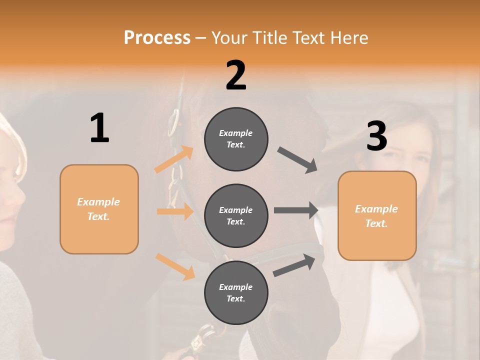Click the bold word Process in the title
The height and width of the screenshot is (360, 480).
(157, 37)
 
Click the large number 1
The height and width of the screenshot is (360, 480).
(99, 128)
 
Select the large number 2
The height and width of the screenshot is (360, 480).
(236, 75)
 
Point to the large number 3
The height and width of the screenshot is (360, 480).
(376, 136)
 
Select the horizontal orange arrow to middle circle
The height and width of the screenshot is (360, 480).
(175, 211)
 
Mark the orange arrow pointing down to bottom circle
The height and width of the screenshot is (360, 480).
(175, 266)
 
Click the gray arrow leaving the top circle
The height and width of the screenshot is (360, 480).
(297, 160)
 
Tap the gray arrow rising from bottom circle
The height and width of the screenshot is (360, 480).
(294, 265)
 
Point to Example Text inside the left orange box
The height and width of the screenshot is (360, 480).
(98, 209)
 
